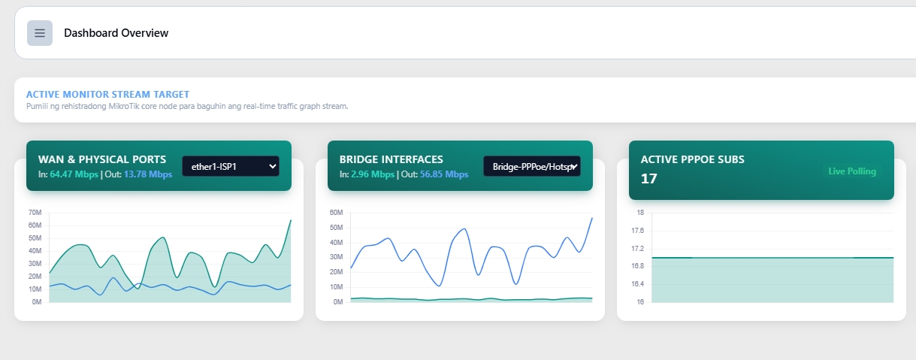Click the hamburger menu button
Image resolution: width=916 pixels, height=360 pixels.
pos(40,33)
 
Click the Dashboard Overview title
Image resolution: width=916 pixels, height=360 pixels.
pos(116,33)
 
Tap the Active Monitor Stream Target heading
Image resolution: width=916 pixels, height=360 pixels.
pos(108,95)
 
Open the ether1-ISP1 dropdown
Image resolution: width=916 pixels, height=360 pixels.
pos(231,166)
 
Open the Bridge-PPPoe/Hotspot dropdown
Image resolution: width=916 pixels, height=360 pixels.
pos(531,166)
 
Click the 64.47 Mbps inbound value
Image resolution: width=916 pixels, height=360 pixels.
pos(74,174)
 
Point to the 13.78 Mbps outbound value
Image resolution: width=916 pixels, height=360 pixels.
pos(148,174)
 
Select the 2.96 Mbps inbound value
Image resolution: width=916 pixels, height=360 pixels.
pos(373,174)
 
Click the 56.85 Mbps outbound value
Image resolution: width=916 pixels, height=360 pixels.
pos(444,174)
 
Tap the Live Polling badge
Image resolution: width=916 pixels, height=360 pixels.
pos(852,171)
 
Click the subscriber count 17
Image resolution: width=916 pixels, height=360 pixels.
pos(649,179)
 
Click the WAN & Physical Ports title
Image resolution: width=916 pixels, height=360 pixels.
pos(102,159)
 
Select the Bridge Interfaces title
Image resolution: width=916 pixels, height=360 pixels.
pos(391,159)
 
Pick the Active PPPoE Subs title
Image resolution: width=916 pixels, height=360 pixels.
pos(693,159)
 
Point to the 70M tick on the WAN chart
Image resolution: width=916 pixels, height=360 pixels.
pos(35,213)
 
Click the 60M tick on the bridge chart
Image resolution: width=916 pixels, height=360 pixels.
pos(336,213)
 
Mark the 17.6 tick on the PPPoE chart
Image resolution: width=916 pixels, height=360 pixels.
pos(637,230)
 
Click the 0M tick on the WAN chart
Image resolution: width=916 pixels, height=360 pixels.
pos(37,302)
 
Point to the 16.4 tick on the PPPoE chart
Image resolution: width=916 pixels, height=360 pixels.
pos(637,284)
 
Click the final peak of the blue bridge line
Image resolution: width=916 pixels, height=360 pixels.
pos(591,218)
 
